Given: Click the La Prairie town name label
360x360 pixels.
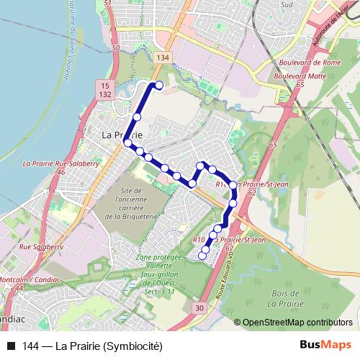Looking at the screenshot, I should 122,135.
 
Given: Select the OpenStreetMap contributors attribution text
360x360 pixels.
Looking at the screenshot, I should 298,323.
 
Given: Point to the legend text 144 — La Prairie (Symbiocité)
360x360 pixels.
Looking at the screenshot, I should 94,345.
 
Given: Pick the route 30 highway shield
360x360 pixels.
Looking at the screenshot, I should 199,307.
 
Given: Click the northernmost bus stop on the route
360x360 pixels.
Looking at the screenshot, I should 159,86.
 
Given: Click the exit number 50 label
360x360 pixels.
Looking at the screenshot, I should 116,48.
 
